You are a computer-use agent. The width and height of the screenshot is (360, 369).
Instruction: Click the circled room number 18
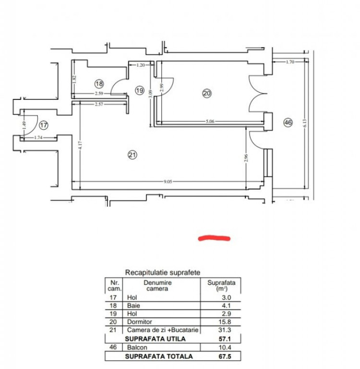(x=99, y=84)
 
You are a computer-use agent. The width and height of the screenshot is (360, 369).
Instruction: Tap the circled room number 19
(x=140, y=90)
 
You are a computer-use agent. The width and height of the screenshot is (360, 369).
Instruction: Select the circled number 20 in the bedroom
(x=207, y=93)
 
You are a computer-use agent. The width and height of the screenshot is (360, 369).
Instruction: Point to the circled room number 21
(x=132, y=155)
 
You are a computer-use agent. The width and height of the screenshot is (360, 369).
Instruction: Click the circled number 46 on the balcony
(x=288, y=123)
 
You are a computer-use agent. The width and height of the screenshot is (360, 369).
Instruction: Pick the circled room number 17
(x=44, y=125)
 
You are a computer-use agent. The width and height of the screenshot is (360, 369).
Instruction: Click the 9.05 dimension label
(x=168, y=182)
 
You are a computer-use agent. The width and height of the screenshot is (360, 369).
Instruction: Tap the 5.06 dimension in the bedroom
(x=210, y=122)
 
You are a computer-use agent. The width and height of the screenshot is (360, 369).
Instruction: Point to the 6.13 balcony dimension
(x=305, y=123)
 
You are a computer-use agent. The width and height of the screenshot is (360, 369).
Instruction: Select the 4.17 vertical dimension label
(x=81, y=145)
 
